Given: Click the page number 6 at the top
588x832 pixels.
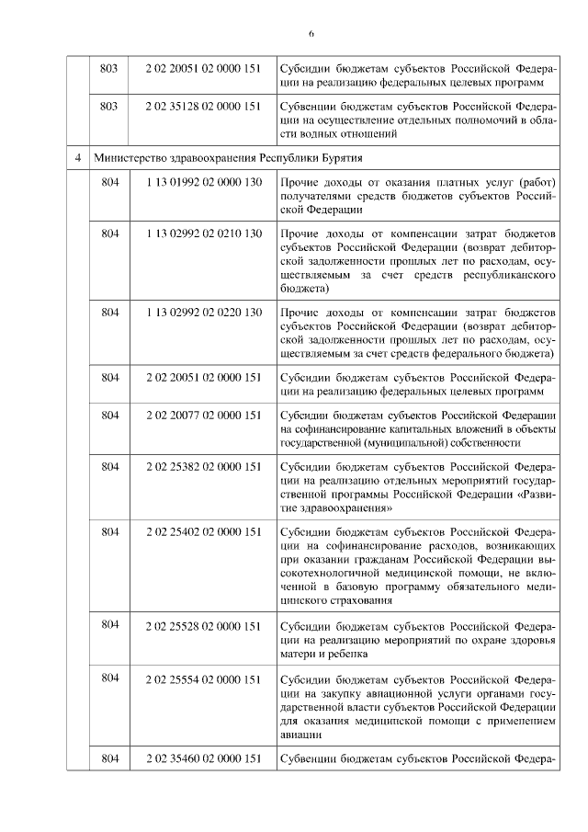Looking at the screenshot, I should tap(311, 34).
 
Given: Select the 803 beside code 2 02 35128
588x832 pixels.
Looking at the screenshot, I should tap(109, 106).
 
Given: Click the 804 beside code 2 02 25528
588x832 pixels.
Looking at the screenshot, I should tap(109, 625).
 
